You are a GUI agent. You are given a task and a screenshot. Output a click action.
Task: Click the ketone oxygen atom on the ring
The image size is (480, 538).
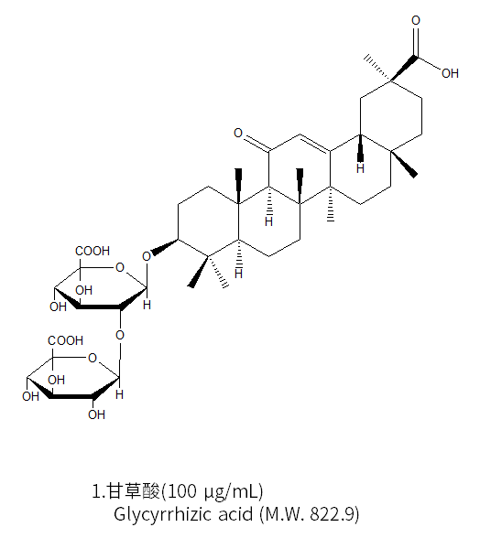pos(238,133)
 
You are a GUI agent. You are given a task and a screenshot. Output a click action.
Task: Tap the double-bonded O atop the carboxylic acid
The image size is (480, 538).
pos(416,20)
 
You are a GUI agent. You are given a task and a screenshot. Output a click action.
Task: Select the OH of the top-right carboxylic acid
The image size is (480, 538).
pos(450,73)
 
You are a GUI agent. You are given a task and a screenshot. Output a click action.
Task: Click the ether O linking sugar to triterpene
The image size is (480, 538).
pos(147,256)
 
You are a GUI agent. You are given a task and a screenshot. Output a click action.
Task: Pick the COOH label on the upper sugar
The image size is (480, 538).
pos(93,251)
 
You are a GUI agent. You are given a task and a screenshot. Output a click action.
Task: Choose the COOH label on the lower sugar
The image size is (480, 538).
pos(65,340)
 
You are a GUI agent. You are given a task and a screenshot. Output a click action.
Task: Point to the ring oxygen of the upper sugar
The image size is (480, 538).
pos(120,267)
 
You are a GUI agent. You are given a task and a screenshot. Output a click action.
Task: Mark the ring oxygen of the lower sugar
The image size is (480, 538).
pos(93,359)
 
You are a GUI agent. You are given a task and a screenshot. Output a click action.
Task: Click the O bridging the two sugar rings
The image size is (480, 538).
pos(120,335)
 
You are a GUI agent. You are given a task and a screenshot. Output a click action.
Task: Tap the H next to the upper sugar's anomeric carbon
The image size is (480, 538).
pos(147,305)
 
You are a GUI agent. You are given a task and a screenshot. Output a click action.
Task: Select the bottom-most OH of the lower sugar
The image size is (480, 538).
pos(96,414)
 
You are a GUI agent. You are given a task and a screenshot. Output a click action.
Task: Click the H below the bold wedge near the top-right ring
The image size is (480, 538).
pos(360,168)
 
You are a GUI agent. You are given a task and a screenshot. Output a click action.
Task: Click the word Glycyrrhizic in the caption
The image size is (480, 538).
pos(163,514)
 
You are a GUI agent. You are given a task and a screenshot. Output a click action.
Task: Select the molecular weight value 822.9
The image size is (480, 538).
pos(332,514)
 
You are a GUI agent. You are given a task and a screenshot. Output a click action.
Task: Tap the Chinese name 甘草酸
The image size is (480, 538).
pos(134,491)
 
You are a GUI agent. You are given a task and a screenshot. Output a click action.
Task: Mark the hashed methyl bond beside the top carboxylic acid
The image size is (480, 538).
pos(377,68)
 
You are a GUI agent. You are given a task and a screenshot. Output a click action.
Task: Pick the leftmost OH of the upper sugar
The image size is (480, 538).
pos(58,307)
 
